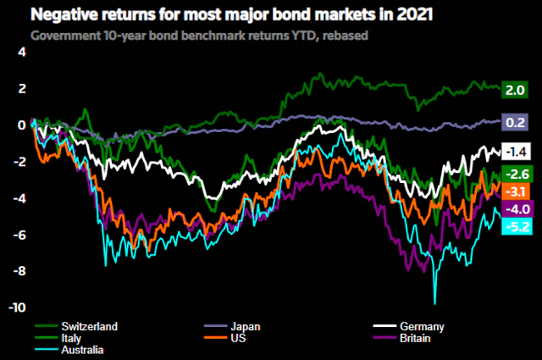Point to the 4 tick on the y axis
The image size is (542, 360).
click(x=23, y=52)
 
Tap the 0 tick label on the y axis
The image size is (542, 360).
click(x=23, y=125)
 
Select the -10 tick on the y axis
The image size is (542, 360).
click(x=18, y=307)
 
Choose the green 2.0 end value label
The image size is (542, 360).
click(x=516, y=89)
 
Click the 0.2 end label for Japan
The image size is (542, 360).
click(x=516, y=122)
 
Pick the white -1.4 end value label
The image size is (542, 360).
click(x=516, y=152)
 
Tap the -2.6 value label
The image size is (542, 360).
click(x=516, y=174)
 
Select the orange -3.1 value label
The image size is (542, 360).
click(x=516, y=191)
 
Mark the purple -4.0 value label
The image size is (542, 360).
click(x=516, y=209)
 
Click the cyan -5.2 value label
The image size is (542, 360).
click(x=516, y=226)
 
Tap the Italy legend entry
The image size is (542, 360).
click(x=71, y=337)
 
